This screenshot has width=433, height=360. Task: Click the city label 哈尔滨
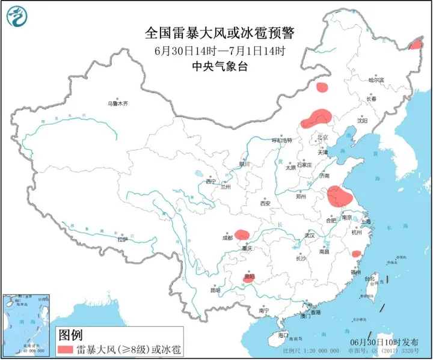[x=375, y=79]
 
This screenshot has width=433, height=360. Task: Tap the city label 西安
[x=265, y=204]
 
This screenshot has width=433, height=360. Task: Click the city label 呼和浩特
[x=282, y=140]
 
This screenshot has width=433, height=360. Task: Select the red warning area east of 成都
[x=242, y=234]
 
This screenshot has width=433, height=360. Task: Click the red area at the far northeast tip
[x=414, y=44]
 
